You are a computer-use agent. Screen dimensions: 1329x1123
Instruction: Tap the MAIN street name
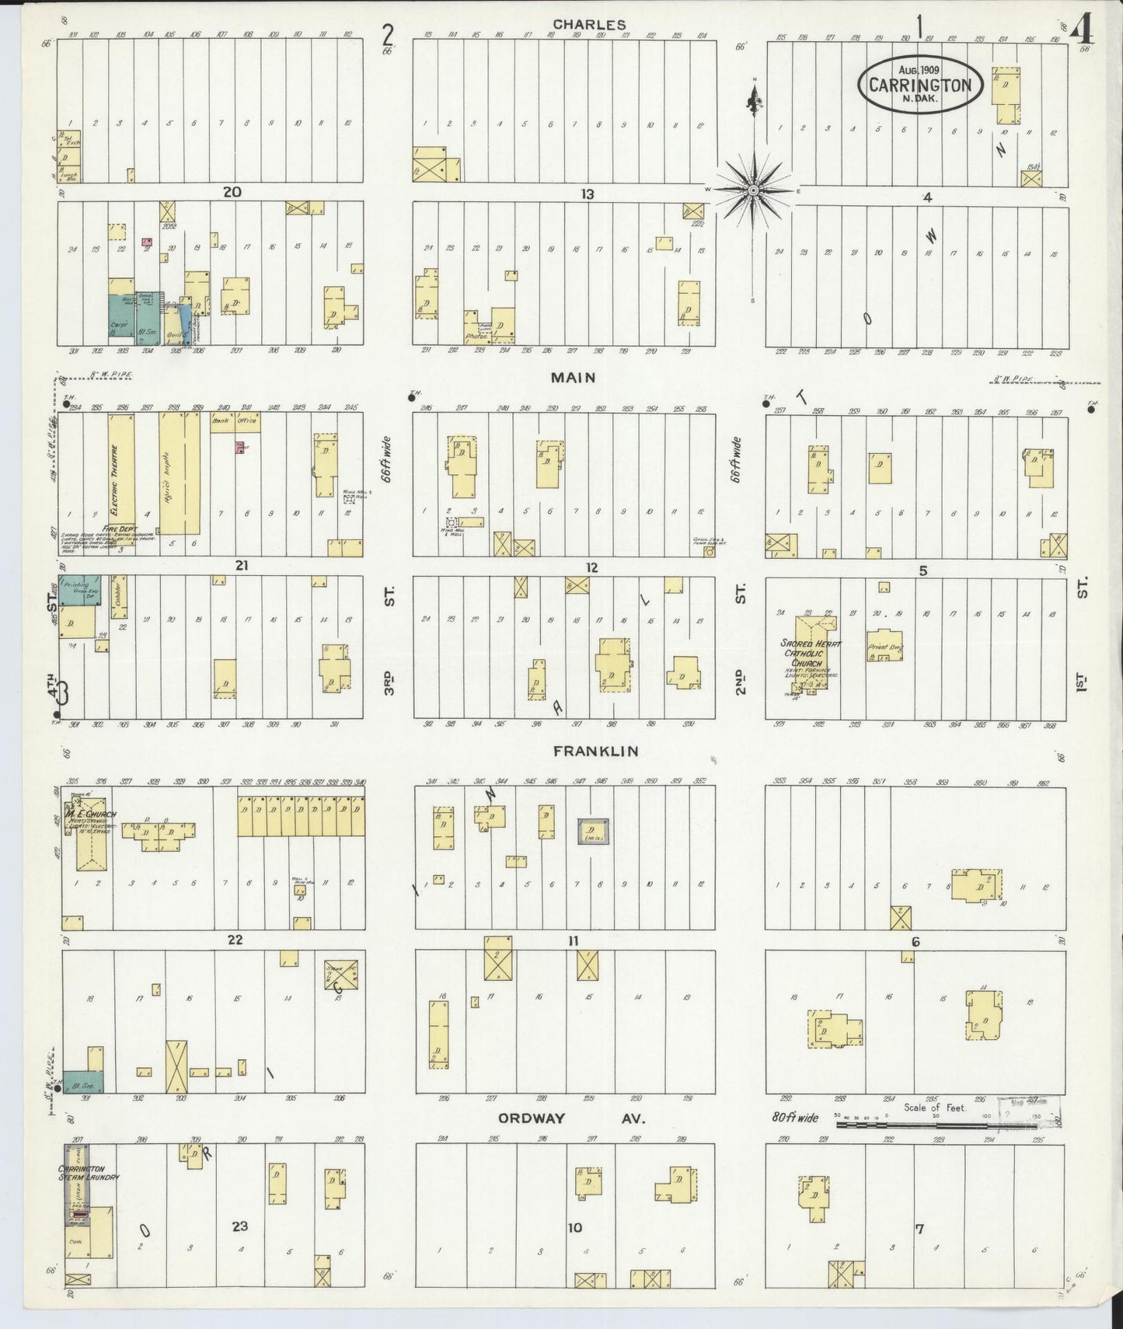coord(573,378)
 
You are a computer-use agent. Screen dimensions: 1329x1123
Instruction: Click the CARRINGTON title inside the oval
coord(920,85)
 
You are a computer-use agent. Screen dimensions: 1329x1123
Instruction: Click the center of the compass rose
coord(752,190)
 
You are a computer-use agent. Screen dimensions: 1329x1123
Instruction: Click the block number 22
coord(235,940)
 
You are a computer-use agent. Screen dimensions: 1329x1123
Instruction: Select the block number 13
coord(587,194)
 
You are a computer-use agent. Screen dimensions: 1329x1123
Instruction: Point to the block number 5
coord(922,571)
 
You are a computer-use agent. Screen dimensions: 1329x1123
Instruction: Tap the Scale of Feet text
coord(935,1107)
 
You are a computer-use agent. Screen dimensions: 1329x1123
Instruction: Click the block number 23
coord(239,1226)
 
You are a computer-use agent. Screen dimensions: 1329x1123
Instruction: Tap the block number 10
coord(574,1228)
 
